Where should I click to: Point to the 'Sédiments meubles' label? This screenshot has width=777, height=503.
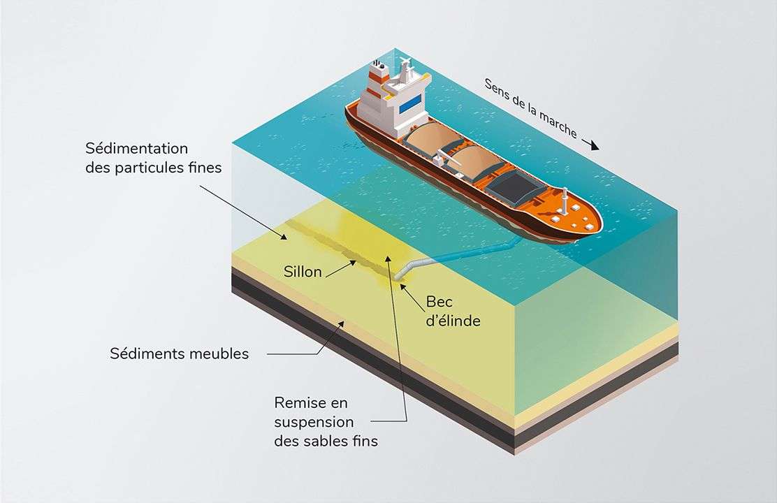(179, 353)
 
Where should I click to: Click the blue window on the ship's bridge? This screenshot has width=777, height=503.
(411, 101)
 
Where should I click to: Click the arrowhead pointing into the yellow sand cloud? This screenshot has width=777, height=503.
(388, 259)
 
